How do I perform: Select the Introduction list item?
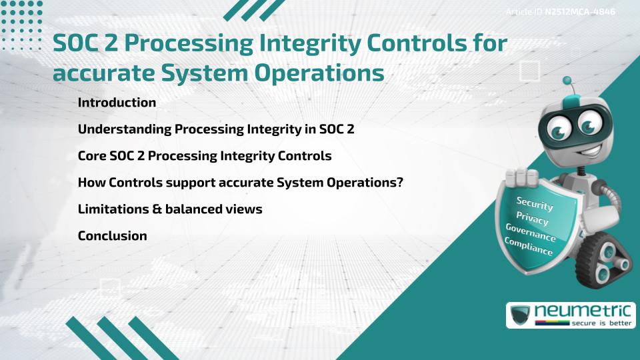[117, 103]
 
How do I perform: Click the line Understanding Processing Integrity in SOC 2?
[215, 129]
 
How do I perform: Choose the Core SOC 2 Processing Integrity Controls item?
[204, 156]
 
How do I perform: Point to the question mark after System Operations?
[399, 183]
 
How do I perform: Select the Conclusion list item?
[112, 236]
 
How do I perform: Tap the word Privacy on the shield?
[532, 219]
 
